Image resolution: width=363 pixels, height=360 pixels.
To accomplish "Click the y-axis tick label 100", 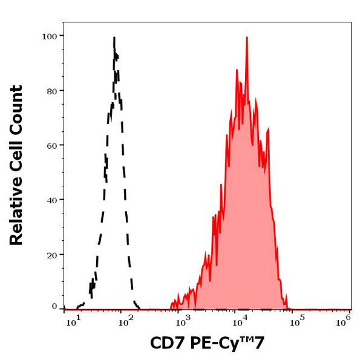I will click(x=50, y=36).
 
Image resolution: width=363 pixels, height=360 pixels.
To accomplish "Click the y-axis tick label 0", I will click(x=54, y=306).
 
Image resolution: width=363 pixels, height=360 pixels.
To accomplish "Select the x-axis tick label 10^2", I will click(x=125, y=321).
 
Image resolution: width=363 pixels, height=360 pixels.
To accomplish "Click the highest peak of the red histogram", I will click(x=247, y=38).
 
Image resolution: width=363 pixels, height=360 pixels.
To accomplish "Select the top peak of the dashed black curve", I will click(x=114, y=38).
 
